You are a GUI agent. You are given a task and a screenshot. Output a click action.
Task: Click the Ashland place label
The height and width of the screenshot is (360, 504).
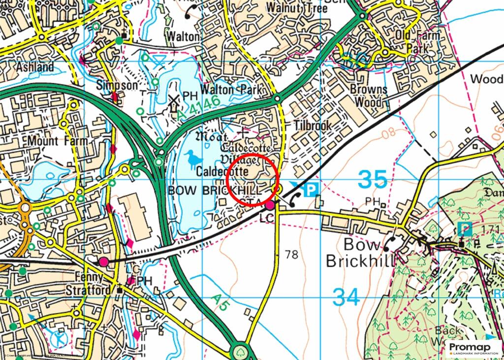35,66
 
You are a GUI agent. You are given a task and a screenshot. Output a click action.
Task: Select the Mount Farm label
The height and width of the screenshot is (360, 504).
58,141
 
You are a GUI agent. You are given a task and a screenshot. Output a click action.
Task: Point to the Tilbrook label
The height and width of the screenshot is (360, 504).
313,126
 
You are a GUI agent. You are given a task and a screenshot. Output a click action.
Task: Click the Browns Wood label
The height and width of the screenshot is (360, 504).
369,96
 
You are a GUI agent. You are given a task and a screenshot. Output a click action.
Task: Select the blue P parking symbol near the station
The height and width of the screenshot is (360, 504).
311,190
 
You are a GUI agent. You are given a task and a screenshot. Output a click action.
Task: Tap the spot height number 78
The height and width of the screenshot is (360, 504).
291,255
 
